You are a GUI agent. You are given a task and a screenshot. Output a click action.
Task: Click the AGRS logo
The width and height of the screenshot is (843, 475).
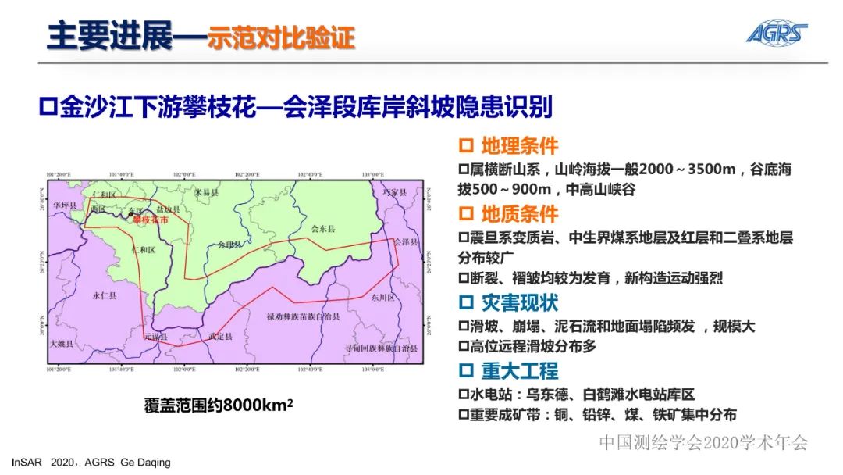tap(776, 33)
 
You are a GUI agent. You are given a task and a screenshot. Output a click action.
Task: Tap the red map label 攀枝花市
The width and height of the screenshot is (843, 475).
tap(150, 221)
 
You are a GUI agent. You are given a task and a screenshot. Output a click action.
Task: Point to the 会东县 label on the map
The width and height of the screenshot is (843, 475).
tap(322, 229)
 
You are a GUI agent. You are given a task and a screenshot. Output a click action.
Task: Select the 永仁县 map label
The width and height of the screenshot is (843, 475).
tap(104, 296)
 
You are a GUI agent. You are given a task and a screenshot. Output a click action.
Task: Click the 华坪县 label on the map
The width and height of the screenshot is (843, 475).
tap(66, 205)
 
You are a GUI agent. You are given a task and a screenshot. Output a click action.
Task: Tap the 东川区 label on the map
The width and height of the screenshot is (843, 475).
tap(384, 298)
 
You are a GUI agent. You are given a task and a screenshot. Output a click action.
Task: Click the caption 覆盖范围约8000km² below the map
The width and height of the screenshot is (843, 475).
tap(219, 405)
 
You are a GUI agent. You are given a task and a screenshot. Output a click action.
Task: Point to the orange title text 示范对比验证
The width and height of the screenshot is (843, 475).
tap(281, 37)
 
